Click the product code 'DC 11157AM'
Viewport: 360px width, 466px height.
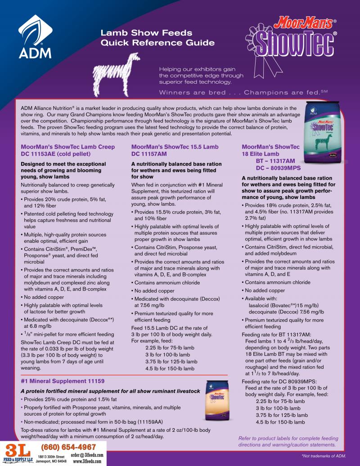(x=149, y=154)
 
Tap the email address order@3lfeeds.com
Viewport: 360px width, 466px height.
(x=87, y=455)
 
